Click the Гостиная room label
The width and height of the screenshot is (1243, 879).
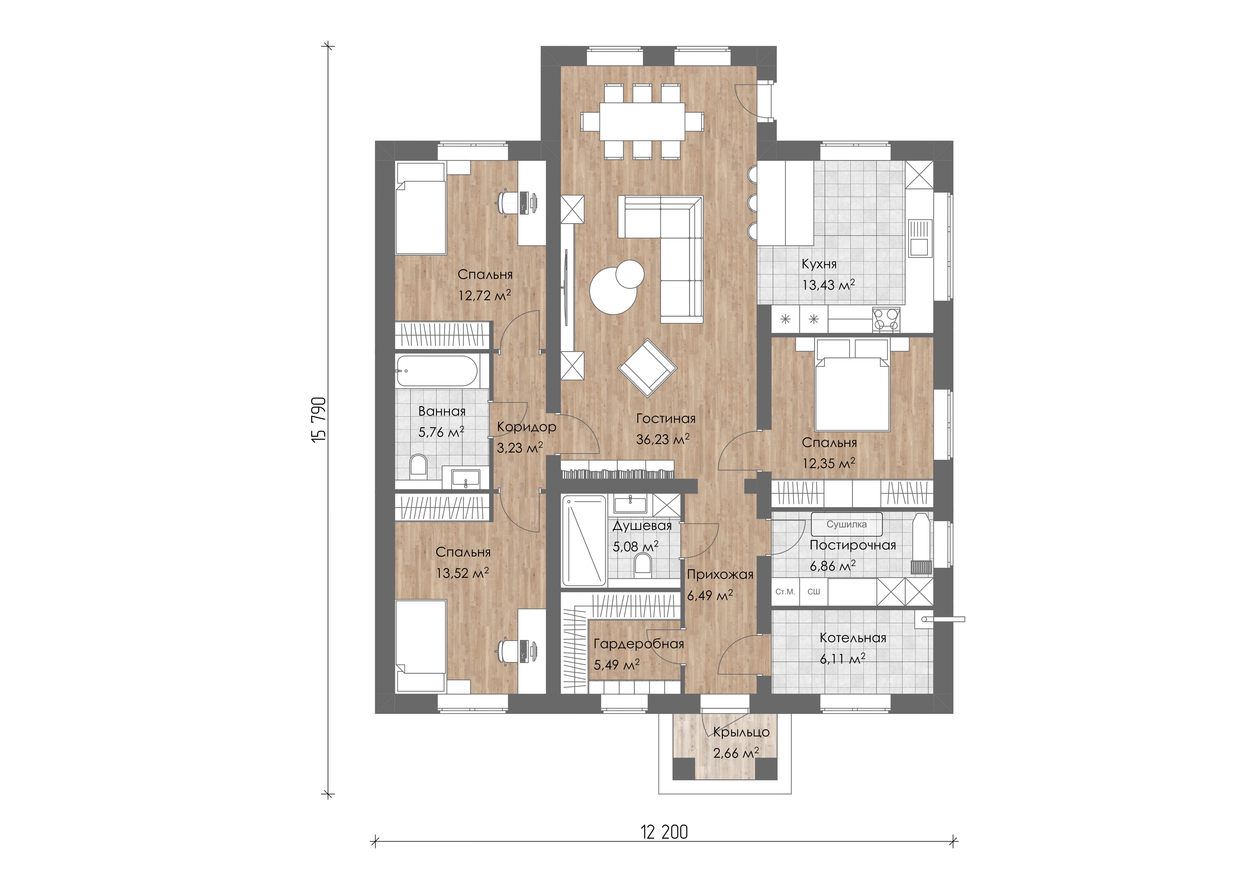coord(665,418)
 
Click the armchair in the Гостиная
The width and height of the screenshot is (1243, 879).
coord(647,367)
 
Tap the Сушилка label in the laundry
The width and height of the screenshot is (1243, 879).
coord(846,524)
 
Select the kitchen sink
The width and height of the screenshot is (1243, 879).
coord(920,238)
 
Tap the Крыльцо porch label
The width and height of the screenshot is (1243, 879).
coord(741,732)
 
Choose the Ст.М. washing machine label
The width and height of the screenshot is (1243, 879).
coord(785,592)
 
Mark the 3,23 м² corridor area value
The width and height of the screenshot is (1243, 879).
coord(520,448)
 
